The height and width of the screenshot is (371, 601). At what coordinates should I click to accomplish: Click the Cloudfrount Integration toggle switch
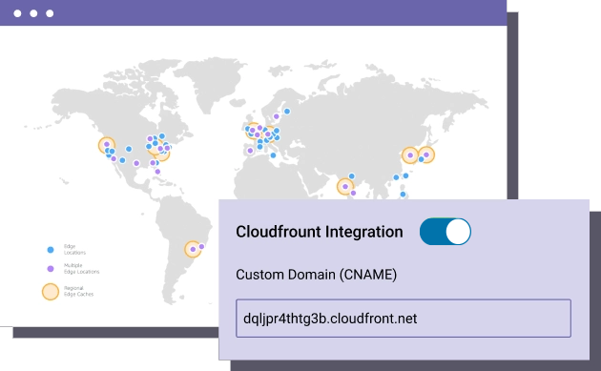(446, 232)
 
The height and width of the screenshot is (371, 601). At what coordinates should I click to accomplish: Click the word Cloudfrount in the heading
(279, 232)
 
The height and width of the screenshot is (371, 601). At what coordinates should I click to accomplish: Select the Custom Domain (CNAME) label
(316, 275)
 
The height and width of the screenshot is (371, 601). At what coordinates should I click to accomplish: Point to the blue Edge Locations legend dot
(50, 248)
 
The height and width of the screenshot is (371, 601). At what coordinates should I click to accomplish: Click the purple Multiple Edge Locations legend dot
(50, 269)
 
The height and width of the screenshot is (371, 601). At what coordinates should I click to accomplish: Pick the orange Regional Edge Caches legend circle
(50, 291)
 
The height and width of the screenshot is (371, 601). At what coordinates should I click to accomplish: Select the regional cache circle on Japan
(426, 154)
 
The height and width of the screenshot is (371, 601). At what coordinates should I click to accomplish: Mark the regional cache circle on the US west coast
(106, 146)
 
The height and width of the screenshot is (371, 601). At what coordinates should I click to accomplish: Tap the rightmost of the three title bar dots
(49, 14)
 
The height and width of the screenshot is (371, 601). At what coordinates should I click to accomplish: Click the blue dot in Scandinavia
(286, 111)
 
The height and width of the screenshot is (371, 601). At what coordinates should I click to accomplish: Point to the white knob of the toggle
(457, 232)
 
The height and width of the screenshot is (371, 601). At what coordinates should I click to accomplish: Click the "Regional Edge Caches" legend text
(79, 291)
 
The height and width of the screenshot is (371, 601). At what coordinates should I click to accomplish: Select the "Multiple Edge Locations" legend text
(81, 269)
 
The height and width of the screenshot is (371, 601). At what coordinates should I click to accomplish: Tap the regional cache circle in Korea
(410, 155)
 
